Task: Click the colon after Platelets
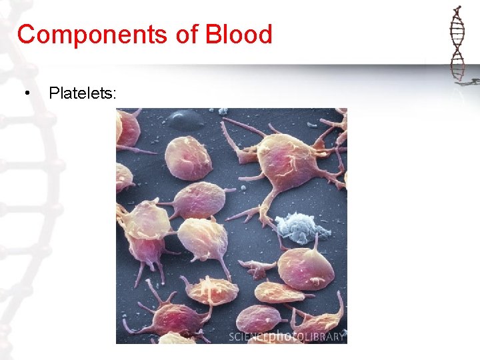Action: (x=115, y=94)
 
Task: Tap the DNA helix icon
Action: (x=457, y=43)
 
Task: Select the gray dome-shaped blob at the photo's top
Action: (x=185, y=119)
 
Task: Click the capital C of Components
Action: (x=25, y=34)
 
